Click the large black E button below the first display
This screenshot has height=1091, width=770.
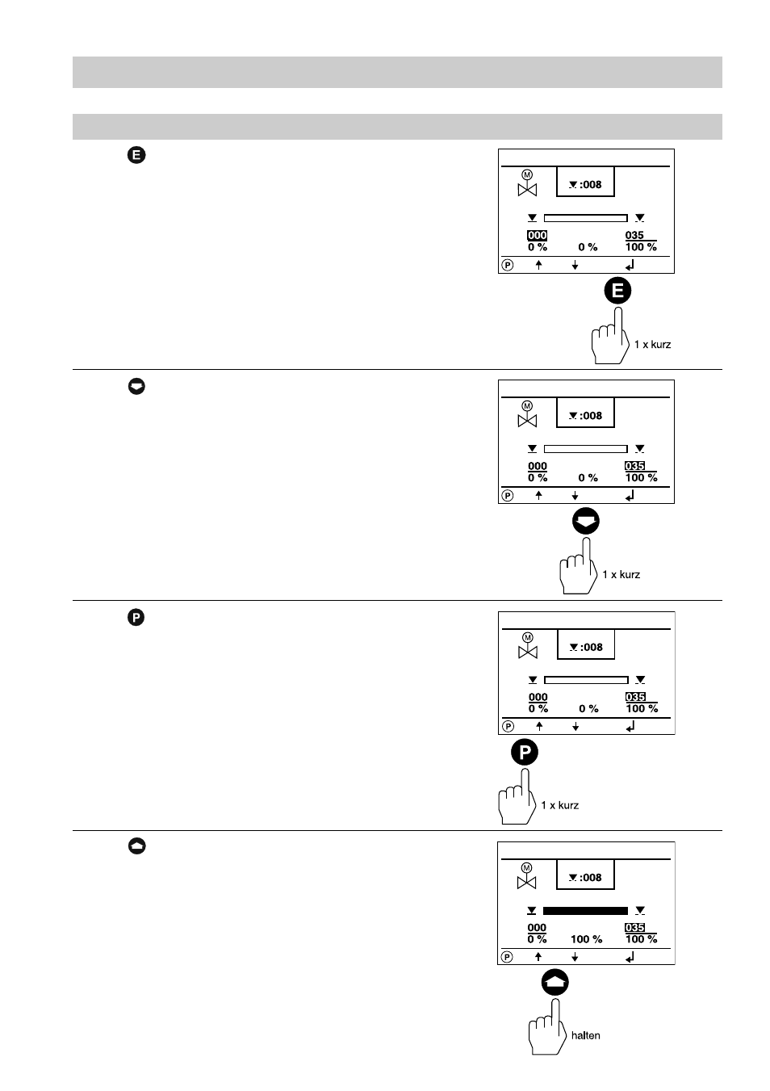tap(617, 291)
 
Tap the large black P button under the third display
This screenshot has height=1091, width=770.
tap(524, 752)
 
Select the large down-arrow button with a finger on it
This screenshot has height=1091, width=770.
tap(585, 521)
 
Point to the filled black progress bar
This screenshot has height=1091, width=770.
tap(585, 911)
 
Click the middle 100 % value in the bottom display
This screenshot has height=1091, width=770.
tap(586, 939)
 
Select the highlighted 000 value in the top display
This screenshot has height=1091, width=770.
tap(537, 235)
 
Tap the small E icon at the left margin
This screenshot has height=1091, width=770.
tap(136, 155)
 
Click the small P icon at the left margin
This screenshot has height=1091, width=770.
tap(136, 618)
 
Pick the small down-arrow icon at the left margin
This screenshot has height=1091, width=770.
tap(136, 386)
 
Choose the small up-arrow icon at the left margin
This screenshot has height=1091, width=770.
tap(136, 846)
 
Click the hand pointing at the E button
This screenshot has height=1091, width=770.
tap(610, 336)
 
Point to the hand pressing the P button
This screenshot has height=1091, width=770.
tap(517, 797)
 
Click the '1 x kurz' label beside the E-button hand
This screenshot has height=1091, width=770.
tap(652, 344)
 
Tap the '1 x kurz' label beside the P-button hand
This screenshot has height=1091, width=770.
tap(559, 805)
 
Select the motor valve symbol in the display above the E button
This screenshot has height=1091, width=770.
tap(527, 183)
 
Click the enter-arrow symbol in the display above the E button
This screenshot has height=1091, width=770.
tap(630, 265)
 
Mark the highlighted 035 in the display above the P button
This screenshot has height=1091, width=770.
tap(635, 697)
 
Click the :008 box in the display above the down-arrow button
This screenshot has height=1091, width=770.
tap(585, 413)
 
